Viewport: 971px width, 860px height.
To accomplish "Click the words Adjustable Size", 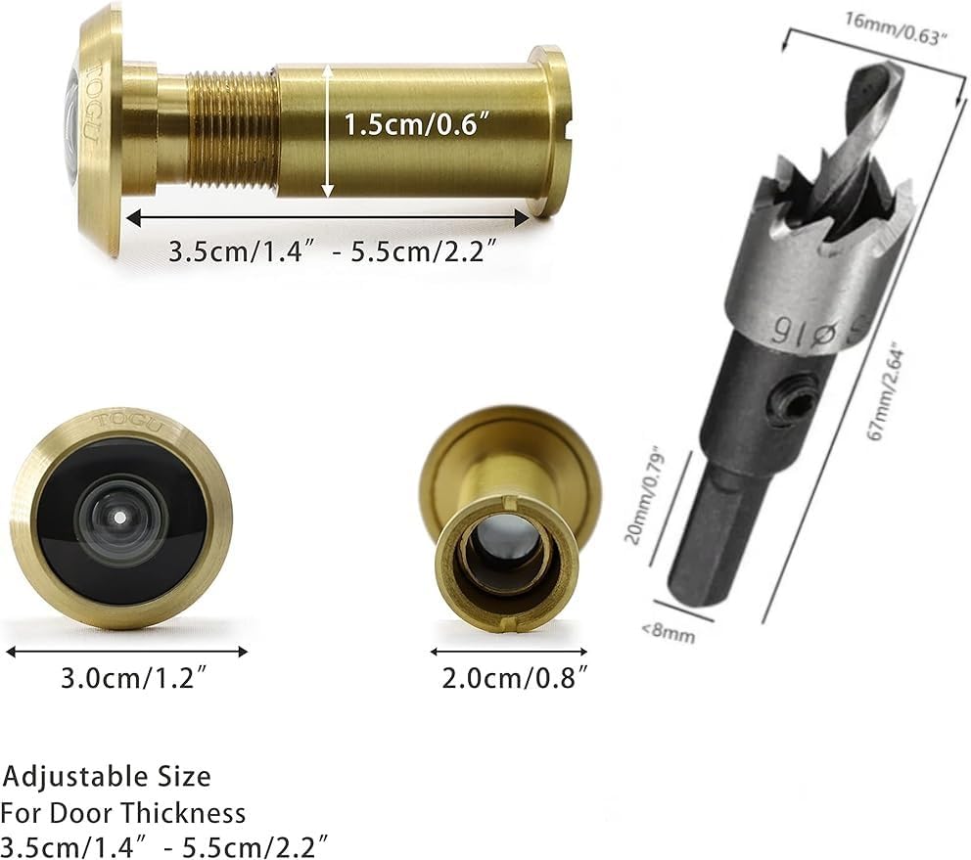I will coord(108,777).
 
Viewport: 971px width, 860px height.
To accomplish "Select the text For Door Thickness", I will coord(123,812).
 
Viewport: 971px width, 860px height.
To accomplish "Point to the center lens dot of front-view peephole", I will coord(119,517).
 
